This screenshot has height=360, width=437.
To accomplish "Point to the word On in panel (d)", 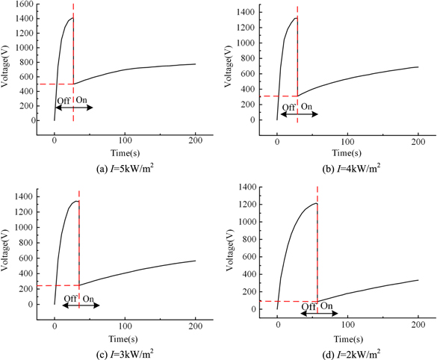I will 327,306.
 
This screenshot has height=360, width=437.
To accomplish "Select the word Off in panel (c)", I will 69,299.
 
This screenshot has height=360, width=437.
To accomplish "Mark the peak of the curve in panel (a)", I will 72,18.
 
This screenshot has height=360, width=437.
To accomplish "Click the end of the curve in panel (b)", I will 418,67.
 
